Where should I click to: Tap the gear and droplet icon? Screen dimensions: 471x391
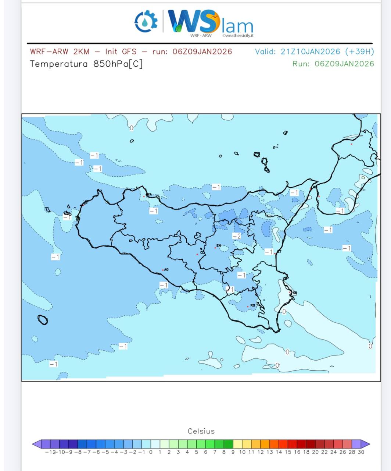pos(146,21)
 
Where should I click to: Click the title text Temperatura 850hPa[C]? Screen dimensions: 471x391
pos(86,64)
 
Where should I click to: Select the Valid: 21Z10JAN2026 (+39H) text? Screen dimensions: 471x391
pos(314,52)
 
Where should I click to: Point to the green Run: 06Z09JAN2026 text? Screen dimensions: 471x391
pos(333,64)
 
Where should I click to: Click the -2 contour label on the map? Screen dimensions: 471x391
pos(237,236)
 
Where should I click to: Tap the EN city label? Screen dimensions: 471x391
pos(219,245)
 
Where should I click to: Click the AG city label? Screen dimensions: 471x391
pos(166,270)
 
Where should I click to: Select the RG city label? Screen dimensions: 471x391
pos(252,305)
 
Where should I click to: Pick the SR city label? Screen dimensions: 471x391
pos(295,293)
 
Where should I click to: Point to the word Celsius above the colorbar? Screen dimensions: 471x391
pos(201,431)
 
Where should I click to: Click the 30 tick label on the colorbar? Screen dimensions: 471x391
pos(361,452)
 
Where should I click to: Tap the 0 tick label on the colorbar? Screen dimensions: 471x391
pos(151,452)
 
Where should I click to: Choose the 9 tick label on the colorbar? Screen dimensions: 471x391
pos(233,452)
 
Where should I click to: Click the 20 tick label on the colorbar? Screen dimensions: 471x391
pos(315,452)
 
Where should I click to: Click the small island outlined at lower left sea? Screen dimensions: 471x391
pos(43,320)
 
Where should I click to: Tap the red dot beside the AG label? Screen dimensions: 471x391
pos(163,270)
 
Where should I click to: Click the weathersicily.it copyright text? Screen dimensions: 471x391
pos(238,36)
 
